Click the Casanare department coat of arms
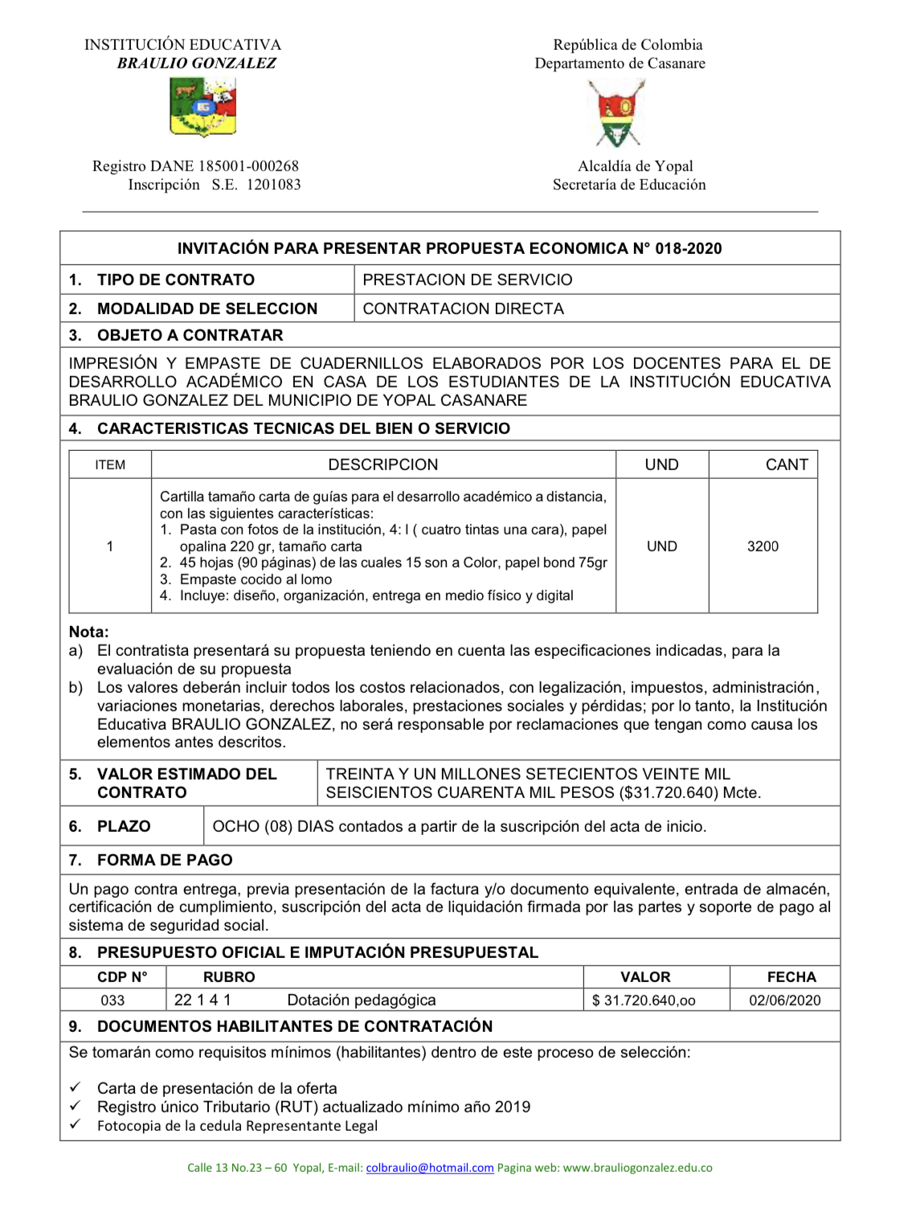coord(616,113)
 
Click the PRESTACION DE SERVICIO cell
coord(468,280)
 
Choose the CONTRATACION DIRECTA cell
coord(464,309)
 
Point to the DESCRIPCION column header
coord(383,465)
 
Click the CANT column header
coord(787,465)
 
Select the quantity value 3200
coord(763,547)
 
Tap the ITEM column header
coord(110,465)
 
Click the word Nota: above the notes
coord(88,632)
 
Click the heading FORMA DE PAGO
coord(165,860)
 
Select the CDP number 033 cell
coord(112,1001)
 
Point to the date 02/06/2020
coord(785,1001)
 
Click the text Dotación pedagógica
coord(362,1000)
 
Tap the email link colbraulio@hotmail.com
coord(430,1168)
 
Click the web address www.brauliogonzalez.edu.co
coord(637,1168)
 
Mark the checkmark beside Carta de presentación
coord(75,1087)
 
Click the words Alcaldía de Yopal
coord(635,166)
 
